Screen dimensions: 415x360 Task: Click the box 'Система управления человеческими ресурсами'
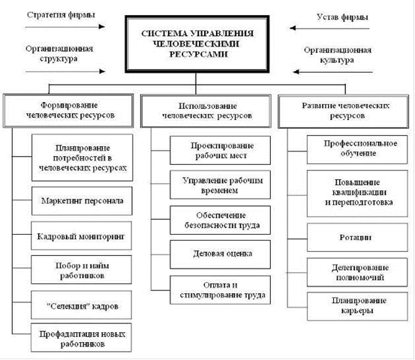click(197, 44)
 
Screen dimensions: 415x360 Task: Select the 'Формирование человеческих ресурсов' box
click(68, 111)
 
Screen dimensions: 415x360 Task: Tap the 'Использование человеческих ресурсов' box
click(206, 111)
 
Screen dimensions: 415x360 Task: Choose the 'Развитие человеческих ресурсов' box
click(343, 111)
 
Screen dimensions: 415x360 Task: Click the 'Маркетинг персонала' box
click(82, 201)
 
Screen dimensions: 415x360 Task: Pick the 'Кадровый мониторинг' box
click(81, 236)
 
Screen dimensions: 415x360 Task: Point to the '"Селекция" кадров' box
click(81, 305)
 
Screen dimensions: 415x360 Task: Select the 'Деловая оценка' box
click(220, 254)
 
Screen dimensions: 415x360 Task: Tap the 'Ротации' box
click(357, 237)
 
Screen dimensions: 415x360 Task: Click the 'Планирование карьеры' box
click(357, 306)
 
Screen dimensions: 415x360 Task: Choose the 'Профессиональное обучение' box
click(357, 149)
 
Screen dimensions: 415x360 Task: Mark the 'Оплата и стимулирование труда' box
click(220, 290)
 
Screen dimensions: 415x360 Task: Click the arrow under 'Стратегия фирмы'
click(65, 26)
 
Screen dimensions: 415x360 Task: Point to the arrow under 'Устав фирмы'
click(329, 28)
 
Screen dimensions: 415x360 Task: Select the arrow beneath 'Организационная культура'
click(333, 72)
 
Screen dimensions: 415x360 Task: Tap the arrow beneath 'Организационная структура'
click(65, 71)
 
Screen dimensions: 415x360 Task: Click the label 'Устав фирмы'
click(342, 17)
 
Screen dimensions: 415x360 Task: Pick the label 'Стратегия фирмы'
click(61, 15)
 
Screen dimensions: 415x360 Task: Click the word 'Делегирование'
click(360, 268)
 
